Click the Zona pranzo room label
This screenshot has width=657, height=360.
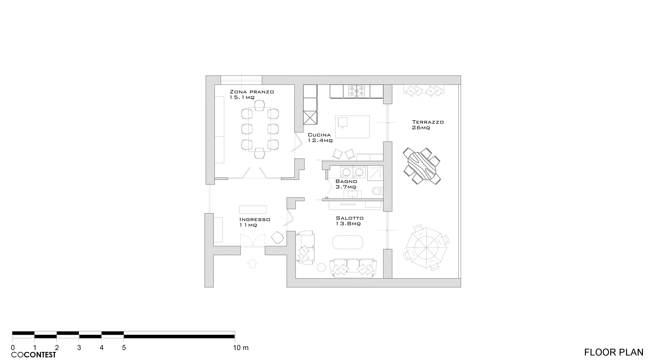pos(252,94)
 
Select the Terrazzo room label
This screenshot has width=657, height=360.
pos(428,125)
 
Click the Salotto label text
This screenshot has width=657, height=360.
pos(349,221)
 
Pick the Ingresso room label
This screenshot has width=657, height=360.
pos(255,222)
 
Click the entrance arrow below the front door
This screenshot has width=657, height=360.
pos(252,263)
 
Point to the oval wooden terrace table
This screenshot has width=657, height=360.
pos(422,166)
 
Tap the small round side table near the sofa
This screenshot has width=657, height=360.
pos(321,267)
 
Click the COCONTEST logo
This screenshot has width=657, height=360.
pos(33,355)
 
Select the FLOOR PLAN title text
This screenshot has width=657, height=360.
pos(614,352)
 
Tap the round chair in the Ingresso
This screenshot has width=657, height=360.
pos(277,238)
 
